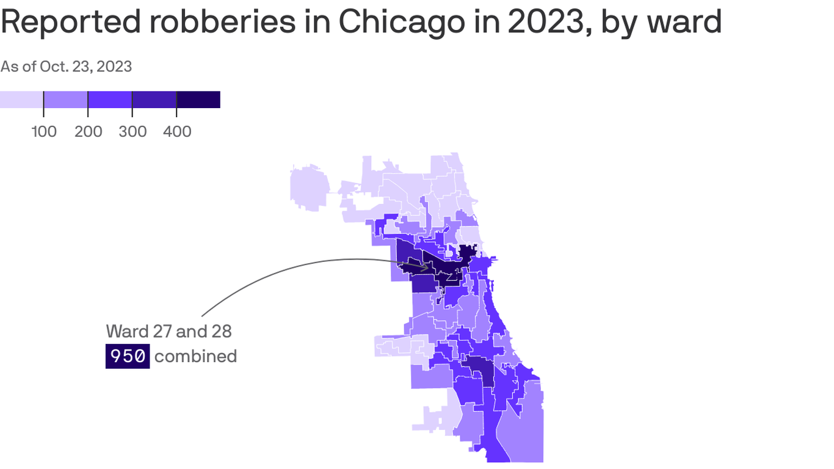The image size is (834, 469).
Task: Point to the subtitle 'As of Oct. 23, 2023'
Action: coord(66,66)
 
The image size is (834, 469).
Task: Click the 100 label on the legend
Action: coord(44,131)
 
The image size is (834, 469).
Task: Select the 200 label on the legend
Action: coord(89,131)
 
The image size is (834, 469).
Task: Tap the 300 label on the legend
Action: coord(132,131)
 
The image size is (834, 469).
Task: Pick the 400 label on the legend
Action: coord(177,131)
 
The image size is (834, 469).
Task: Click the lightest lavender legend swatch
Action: coord(21,100)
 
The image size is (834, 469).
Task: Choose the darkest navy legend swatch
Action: coord(198,100)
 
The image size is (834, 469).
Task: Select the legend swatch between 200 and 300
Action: coord(110,100)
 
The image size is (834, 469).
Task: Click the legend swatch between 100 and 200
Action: coord(66,100)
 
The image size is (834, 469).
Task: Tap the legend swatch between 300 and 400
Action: coord(154,100)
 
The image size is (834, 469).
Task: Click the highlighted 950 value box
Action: coord(128,356)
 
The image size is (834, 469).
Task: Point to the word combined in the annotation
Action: coord(195,356)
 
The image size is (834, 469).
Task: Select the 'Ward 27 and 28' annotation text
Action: coord(169,331)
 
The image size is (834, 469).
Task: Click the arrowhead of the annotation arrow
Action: coord(426,268)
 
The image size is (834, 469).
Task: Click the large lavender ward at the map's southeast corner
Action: coord(523,427)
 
